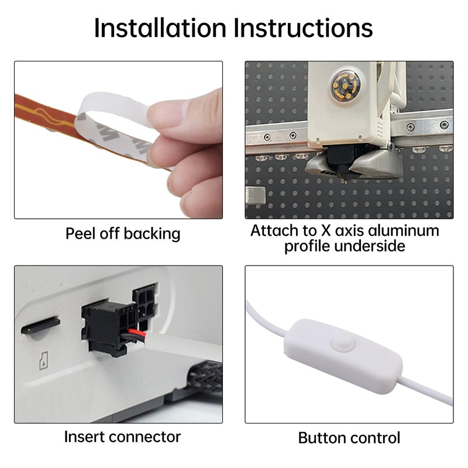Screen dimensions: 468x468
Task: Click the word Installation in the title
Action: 160,27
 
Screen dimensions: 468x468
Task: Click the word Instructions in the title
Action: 303,27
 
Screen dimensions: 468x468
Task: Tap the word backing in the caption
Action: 152,233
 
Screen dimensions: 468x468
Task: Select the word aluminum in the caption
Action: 404,230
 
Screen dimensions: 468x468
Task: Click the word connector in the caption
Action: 144,437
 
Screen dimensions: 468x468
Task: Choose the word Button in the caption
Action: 322,438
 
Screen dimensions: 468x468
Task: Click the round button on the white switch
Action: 343,343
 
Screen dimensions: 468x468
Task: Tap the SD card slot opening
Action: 40,325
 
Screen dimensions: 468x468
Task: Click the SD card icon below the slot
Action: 44,361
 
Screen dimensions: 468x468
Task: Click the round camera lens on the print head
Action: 345,85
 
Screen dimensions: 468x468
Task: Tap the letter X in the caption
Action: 326,230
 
